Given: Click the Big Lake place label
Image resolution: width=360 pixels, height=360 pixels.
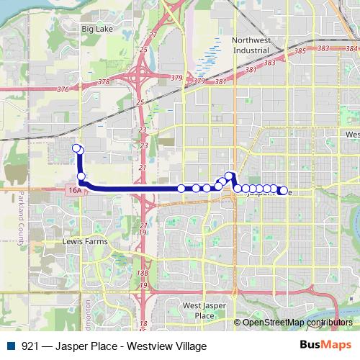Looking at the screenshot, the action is [98, 29].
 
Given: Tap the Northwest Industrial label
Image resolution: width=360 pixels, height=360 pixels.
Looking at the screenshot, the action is [251, 45].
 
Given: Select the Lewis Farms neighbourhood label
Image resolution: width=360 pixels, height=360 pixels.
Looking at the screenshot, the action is [85, 241].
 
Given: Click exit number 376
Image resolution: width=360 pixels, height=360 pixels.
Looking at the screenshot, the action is [62, 89].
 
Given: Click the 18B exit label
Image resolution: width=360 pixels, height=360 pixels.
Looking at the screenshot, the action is [143, 274].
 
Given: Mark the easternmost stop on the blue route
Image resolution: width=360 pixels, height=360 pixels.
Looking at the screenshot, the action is [284, 191].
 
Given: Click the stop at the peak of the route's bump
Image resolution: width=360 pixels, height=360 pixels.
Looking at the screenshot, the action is [229, 176].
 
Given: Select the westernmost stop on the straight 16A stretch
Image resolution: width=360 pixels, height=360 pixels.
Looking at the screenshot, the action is [181, 189].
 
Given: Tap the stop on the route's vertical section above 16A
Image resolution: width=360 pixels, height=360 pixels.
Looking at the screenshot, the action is [81, 176].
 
